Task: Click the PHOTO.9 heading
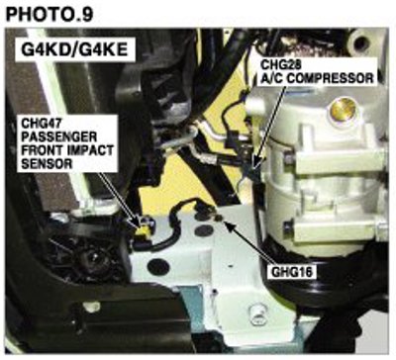(x=49, y=15)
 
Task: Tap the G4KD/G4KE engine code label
(x=74, y=49)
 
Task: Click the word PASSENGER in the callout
(x=59, y=136)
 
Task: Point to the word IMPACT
(x=90, y=150)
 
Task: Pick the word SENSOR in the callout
(x=47, y=163)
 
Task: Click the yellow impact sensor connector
(x=144, y=230)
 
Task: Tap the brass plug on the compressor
(x=344, y=109)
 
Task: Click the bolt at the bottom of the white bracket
(x=255, y=311)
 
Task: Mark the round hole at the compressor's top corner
(x=360, y=42)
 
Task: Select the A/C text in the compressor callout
(x=270, y=78)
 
